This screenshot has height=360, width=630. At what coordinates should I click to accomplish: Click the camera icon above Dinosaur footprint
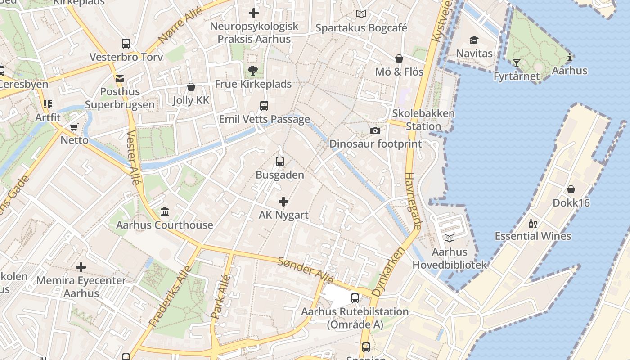375,130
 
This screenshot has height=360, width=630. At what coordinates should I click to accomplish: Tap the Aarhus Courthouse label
165,225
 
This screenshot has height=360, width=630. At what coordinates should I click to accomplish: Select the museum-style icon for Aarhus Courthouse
165,211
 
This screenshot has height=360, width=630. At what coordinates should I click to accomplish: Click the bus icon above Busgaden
280,161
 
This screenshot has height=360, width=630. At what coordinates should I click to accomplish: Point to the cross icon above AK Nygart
283,201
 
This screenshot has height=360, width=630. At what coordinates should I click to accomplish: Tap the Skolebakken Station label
423,120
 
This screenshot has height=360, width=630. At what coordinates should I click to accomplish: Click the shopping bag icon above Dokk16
571,189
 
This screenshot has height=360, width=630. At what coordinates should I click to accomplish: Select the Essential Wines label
533,236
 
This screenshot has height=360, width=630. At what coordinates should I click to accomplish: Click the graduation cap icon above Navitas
474,40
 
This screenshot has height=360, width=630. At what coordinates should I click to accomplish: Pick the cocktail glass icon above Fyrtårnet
516,63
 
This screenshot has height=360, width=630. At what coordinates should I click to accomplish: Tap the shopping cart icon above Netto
74,127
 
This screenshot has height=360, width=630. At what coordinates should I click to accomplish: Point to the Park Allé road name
221,297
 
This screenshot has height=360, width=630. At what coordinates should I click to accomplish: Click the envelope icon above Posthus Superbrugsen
120,79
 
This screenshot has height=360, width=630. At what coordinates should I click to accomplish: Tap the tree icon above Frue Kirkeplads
253,71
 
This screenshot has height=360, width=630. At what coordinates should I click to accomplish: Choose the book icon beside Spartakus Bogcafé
361,14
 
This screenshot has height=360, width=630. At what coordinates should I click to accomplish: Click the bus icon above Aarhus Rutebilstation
355,298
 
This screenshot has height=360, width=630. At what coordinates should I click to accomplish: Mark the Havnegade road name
413,201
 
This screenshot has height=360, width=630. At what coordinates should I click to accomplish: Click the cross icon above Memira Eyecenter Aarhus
81,268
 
